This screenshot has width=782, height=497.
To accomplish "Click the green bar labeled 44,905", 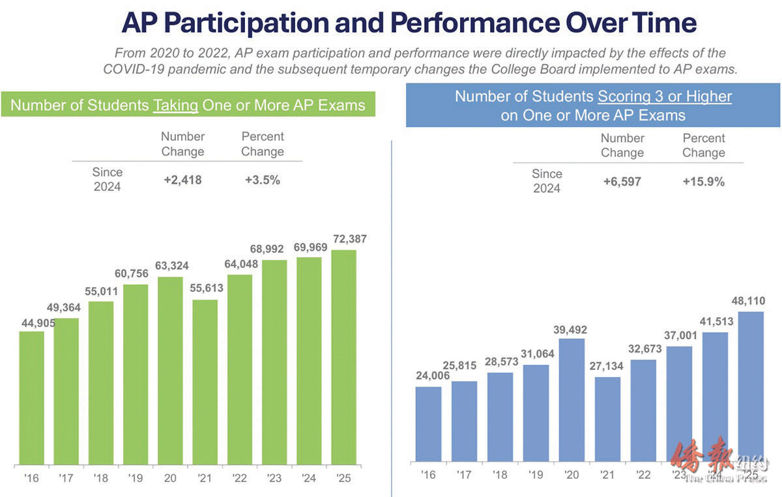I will point(31,397).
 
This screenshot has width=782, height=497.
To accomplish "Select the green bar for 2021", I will point(205,382).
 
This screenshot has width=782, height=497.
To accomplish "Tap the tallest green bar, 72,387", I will point(343,357).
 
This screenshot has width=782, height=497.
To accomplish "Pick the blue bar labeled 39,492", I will point(572,400).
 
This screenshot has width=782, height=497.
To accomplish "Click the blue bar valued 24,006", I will point(427,424).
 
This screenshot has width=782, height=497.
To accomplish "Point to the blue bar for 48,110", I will point(750,387).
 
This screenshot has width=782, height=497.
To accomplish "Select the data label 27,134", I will point(607,366).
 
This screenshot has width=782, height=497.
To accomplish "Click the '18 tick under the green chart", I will point(101,478).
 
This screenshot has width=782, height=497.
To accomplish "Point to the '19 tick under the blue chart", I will point(536,474).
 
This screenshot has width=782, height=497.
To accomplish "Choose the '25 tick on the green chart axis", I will point(343,478).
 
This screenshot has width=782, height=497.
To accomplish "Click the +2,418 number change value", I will point(182,180).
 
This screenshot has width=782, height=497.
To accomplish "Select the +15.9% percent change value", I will point(703,182).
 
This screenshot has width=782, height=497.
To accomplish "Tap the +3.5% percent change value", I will point(263,180).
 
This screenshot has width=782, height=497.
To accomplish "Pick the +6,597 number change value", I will point(622,182).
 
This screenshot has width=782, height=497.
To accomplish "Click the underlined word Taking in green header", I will point(175,105).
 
